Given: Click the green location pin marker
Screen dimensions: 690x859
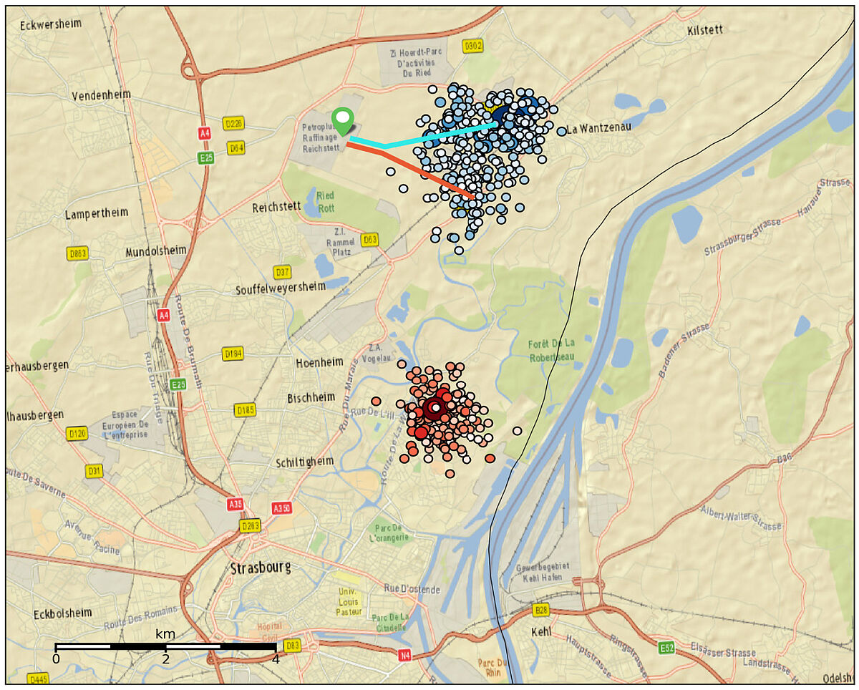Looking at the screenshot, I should click(x=344, y=120).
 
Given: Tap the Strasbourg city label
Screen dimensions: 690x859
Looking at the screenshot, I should click(x=261, y=568).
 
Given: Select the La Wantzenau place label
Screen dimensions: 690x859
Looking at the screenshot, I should click(x=597, y=130).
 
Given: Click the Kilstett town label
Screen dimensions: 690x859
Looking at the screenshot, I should click(x=704, y=30).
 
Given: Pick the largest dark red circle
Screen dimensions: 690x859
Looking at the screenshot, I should click(x=434, y=409).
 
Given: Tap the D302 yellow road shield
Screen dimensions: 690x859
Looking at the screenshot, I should click(x=473, y=46).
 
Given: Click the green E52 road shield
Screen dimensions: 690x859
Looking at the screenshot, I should click(x=666, y=648).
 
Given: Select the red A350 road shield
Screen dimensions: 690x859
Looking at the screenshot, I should click(x=282, y=508).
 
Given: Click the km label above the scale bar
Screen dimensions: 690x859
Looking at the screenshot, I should click(x=165, y=634).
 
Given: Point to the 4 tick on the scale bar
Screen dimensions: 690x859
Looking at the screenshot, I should click(x=275, y=659).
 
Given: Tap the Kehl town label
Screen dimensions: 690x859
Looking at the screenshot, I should click(x=543, y=633).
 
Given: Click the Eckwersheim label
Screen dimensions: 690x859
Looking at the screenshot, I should click(x=51, y=24).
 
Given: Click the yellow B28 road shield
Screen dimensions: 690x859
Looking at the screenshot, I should click(x=542, y=611).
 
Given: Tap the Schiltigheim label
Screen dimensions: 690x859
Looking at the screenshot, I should click(x=305, y=462).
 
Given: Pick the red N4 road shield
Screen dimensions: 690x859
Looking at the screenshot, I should click(x=405, y=654).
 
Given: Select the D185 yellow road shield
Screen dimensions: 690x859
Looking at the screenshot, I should click(x=245, y=410).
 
